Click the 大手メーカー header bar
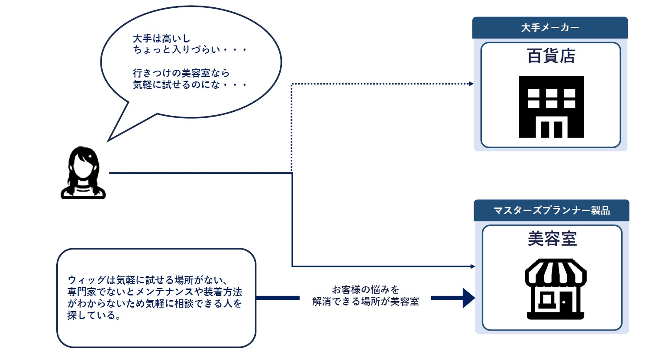tap(550, 28)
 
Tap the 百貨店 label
tap(551, 56)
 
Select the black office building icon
tap(551, 107)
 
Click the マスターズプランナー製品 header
tap(552, 211)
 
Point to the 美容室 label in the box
tap(552, 239)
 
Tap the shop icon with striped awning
tap(555, 289)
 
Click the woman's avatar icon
tap(83, 173)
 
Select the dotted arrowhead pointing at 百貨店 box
tap(471, 84)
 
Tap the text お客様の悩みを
tap(365, 289)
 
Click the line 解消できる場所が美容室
tap(365, 302)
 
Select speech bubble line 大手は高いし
tap(161, 39)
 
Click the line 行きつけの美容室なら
tap(181, 73)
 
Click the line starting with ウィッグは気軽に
tap(147, 280)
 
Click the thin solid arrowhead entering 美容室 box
tap(473, 266)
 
